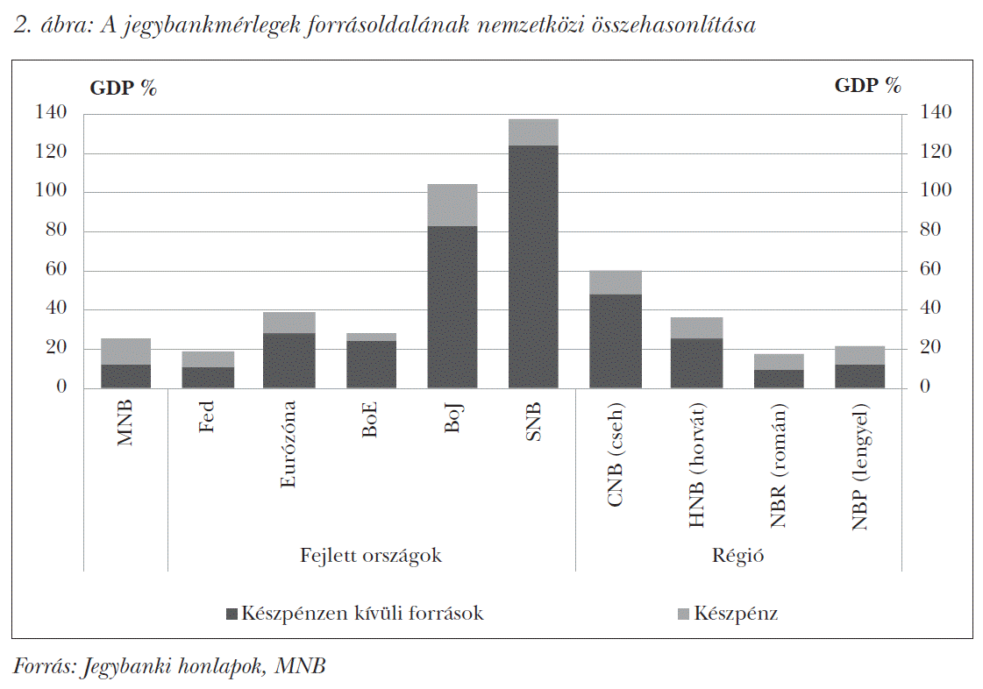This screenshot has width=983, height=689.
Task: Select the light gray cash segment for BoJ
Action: coord(452,205)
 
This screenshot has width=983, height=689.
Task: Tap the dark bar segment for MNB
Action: coord(125,376)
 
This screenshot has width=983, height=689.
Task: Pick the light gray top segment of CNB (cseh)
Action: coord(615,282)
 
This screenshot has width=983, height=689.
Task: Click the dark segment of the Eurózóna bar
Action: coord(289,360)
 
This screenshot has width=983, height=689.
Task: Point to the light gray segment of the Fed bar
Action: coord(208,359)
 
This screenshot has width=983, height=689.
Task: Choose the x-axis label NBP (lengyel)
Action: coord(859,468)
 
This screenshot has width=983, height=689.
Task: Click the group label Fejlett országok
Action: coord(371,555)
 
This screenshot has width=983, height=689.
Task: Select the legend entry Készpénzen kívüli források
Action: coord(354,614)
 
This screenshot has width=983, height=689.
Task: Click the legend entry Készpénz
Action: coord(728,614)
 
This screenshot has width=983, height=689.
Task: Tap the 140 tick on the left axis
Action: coord(51,113)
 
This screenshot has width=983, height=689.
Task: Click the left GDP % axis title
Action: coord(124,87)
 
